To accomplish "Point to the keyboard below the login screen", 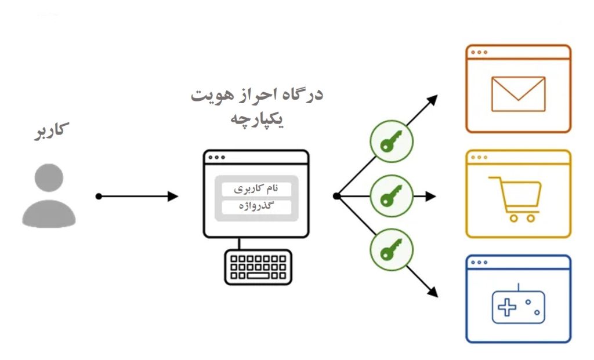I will coord(258,267).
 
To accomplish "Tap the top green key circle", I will coord(392,141).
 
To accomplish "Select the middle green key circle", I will coord(392,197).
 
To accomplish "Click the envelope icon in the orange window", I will coord(517,94).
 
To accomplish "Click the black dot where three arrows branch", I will coord(336,197).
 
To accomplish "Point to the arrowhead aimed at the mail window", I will coord(433,99).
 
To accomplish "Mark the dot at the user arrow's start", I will coord(99,197).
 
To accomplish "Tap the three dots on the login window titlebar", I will coord(216,157).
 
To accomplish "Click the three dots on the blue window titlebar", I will coord(479,262).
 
